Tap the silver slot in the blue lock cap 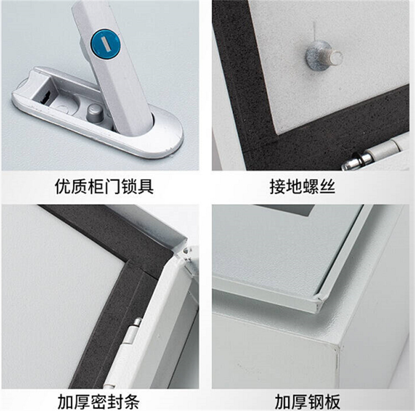click(x=105, y=44)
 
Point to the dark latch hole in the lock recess click(x=45, y=97)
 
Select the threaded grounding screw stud click(x=324, y=56)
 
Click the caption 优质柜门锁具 click(x=104, y=186)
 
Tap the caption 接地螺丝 click(x=302, y=186)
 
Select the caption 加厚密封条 click(x=98, y=402)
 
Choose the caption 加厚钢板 click(x=307, y=402)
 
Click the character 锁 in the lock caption click(x=128, y=186)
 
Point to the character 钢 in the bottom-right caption click(x=315, y=402)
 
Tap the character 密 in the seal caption click(x=98, y=402)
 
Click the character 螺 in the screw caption click(x=310, y=186)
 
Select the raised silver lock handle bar click(x=115, y=66)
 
